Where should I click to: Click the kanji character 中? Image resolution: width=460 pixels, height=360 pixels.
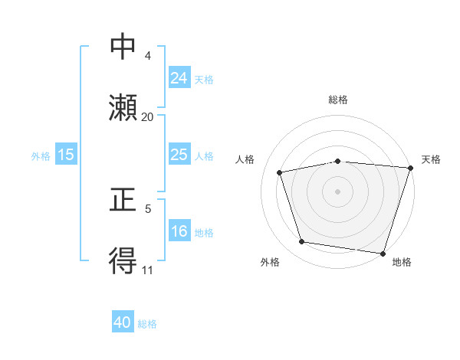[x=123, y=47]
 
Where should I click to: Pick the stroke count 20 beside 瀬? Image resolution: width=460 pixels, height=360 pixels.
[x=147, y=117]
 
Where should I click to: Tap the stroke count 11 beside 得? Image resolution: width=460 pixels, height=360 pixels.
[x=147, y=270]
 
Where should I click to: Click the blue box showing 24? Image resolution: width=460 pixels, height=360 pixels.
[x=179, y=78]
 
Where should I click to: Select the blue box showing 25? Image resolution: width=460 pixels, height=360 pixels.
[x=179, y=155]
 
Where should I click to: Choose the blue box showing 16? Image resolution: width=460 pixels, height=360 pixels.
[x=179, y=231]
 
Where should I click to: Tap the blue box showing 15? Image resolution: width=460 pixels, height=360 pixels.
[x=65, y=155]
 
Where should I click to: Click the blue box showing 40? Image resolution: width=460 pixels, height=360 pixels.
[x=123, y=323]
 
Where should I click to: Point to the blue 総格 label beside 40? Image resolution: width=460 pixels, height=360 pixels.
[x=147, y=324]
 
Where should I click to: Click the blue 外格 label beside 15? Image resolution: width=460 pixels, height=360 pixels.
[x=41, y=155]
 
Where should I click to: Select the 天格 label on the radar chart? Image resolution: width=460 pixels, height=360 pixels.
[x=431, y=159]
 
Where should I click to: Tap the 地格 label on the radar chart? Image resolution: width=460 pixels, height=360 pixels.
[x=402, y=262]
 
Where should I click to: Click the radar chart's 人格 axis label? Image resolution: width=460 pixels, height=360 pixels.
[x=245, y=159]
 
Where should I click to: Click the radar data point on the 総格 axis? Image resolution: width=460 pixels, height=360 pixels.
[x=338, y=161]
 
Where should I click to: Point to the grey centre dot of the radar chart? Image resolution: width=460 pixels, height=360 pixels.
[x=338, y=191]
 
